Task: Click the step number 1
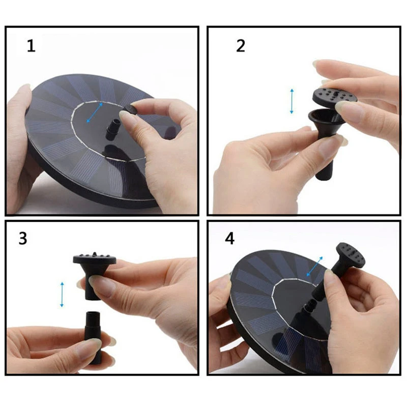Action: click(32, 46)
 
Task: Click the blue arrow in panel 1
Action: click(95, 112)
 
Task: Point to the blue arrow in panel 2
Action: click(292, 101)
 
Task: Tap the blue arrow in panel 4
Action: click(314, 267)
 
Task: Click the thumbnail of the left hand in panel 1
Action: click(23, 95)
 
